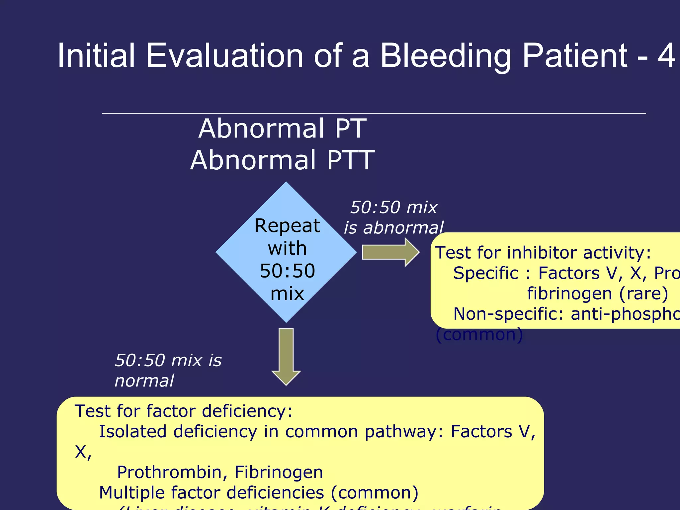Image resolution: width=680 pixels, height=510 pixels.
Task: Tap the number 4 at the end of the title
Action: coord(666,56)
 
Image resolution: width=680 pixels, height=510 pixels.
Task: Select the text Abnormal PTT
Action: coord(283,160)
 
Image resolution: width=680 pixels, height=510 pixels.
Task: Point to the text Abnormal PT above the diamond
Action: coord(283,129)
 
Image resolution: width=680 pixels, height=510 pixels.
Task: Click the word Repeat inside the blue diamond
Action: coord(287,226)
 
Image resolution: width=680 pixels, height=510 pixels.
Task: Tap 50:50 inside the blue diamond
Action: coord(287,271)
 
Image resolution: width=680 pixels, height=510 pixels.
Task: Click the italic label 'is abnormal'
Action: coord(393,228)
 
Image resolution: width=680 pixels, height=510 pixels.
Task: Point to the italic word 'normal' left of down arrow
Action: coord(144,381)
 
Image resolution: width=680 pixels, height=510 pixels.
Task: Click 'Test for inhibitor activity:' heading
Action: coord(543,253)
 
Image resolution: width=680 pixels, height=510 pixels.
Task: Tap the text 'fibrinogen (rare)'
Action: coord(597,294)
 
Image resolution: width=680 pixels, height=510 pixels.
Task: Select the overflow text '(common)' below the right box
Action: coord(479,334)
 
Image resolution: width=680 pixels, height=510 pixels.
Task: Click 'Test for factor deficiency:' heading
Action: coord(183,411)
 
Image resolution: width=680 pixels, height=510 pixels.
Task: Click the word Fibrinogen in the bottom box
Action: coord(279,472)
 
